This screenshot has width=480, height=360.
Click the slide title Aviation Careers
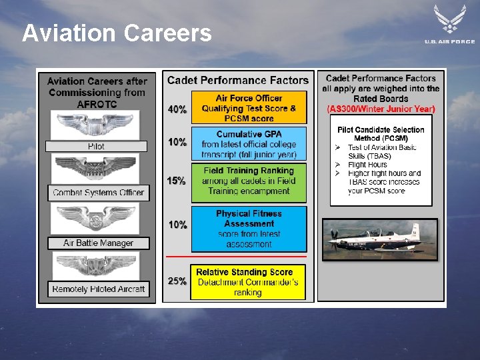pyautogui.click(x=117, y=33)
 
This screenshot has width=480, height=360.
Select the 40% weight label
pyautogui.click(x=177, y=109)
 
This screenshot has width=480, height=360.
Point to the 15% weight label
pyautogui.click(x=177, y=181)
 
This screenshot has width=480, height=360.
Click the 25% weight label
pyautogui.click(x=177, y=281)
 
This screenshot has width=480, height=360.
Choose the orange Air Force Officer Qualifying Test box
pyautogui.click(x=249, y=108)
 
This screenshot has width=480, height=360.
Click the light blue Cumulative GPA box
pyautogui.click(x=249, y=144)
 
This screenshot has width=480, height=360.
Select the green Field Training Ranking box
pyautogui.click(x=249, y=181)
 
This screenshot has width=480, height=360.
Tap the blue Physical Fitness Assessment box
pyautogui.click(x=249, y=229)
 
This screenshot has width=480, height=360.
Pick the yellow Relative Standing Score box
pyautogui.click(x=248, y=282)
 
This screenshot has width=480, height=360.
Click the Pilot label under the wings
pyautogui.click(x=96, y=146)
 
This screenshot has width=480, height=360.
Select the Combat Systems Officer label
pyautogui.click(x=99, y=193)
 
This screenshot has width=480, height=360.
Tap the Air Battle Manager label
pyautogui.click(x=98, y=243)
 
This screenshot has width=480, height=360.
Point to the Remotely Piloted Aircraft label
pyautogui.click(x=99, y=289)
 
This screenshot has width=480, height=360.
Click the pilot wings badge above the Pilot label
pyautogui.click(x=97, y=125)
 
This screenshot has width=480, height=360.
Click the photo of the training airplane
pyautogui.click(x=380, y=239)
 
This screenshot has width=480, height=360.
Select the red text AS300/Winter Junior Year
pyautogui.click(x=381, y=109)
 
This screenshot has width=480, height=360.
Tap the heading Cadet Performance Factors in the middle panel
pyautogui.click(x=238, y=81)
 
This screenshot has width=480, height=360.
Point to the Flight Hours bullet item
pyautogui.click(x=367, y=165)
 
